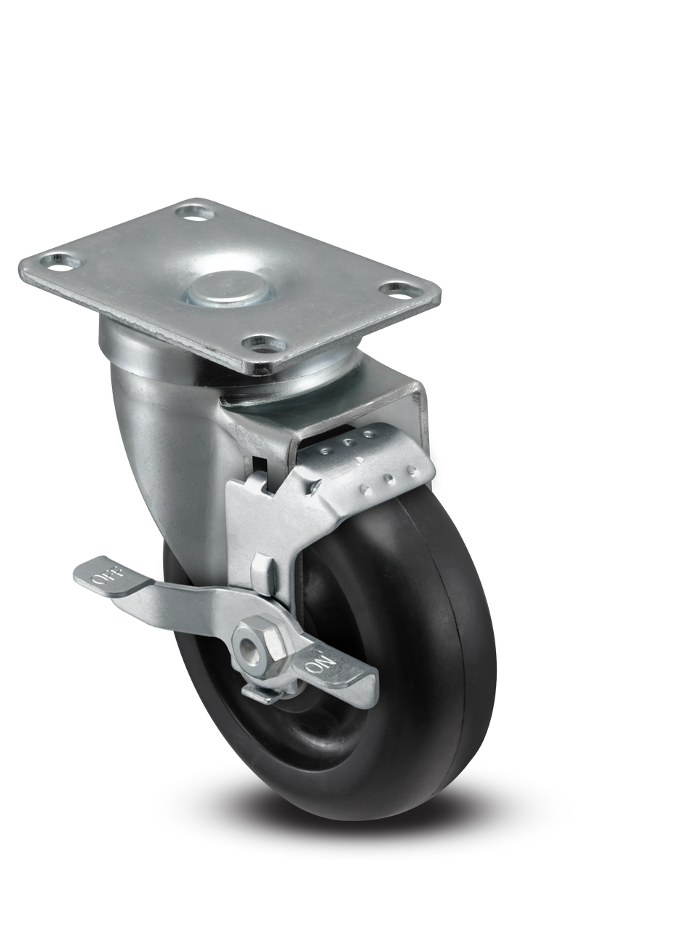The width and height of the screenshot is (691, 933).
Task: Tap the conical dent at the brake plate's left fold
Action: (x=317, y=484)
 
